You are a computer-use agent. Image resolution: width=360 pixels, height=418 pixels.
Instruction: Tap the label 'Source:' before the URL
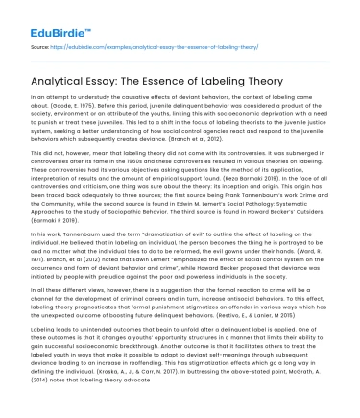(40, 45)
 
